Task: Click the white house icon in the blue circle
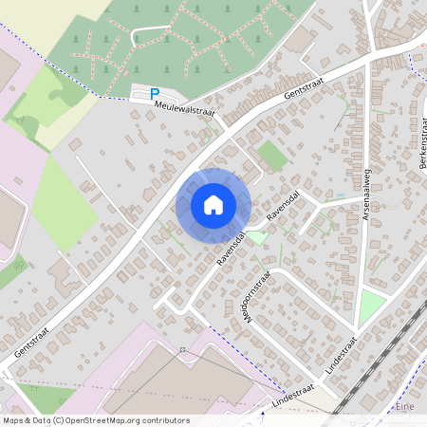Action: [x=213, y=205]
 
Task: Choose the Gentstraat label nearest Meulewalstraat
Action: [x=309, y=89]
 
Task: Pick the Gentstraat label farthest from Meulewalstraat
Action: [x=32, y=337]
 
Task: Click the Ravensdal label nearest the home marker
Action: [x=232, y=247]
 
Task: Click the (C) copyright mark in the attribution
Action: [x=60, y=419]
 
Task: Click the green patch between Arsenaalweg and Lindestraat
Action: [x=372, y=306]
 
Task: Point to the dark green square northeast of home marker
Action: [x=272, y=156]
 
